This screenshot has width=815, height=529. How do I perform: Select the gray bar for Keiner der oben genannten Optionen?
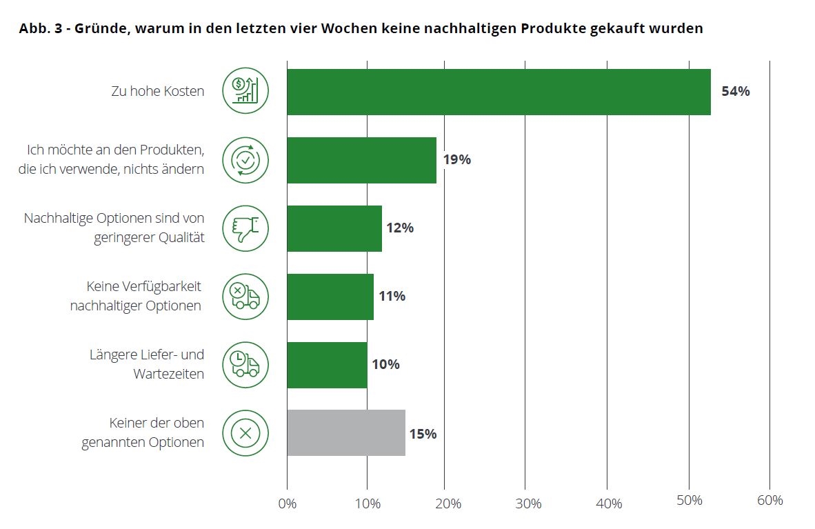(345, 433)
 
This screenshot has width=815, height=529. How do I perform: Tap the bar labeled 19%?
(361, 160)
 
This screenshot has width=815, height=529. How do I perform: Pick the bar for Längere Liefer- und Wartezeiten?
(327, 365)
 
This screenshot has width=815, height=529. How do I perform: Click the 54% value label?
(735, 91)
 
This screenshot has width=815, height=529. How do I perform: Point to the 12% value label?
(400, 228)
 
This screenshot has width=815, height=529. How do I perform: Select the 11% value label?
(392, 297)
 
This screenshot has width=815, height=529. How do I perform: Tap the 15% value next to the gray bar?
(423, 434)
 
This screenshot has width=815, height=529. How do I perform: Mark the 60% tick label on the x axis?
(769, 501)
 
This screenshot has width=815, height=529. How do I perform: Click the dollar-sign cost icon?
(245, 91)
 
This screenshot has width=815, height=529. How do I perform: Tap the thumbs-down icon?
(245, 228)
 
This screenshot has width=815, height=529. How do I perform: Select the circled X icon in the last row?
(245, 433)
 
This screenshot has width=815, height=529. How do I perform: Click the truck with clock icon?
(245, 365)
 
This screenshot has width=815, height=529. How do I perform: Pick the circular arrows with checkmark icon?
(245, 160)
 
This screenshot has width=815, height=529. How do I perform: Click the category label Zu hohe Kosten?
(158, 91)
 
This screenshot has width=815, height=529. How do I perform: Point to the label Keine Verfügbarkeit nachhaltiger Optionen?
(136, 296)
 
